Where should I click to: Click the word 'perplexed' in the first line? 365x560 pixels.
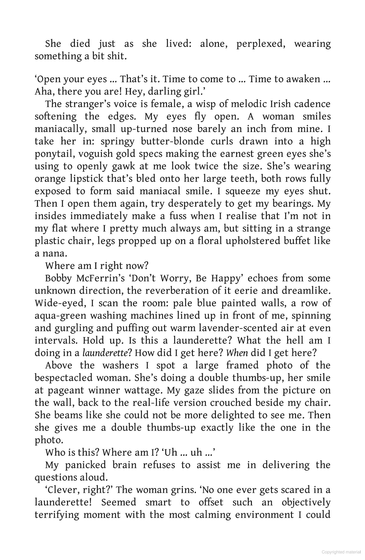coord(260,44)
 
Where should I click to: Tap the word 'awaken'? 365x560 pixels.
coord(303,79)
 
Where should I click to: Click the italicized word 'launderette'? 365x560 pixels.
coord(104,353)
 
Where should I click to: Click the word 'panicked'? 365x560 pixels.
coord(86,465)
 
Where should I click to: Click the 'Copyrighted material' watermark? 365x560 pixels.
coord(341,552)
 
